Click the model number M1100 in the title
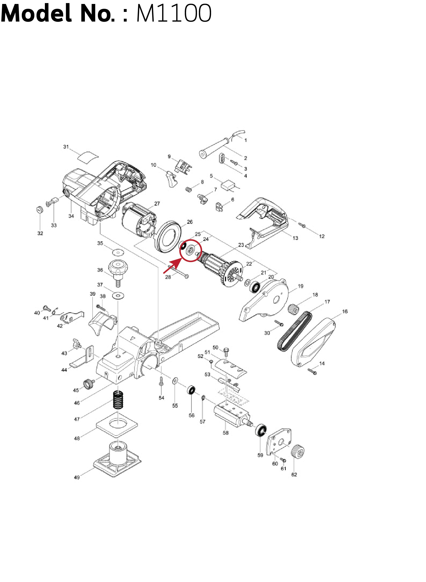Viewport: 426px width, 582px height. click(x=174, y=13)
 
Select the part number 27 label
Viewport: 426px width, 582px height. click(x=157, y=204)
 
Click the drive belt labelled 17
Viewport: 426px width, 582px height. click(x=294, y=331)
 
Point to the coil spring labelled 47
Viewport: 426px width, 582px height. click(x=118, y=400)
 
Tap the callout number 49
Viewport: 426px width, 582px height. click(x=77, y=477)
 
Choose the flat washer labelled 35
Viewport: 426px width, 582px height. click(x=118, y=252)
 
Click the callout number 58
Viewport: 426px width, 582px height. click(x=226, y=433)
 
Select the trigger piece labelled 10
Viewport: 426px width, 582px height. click(x=171, y=178)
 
